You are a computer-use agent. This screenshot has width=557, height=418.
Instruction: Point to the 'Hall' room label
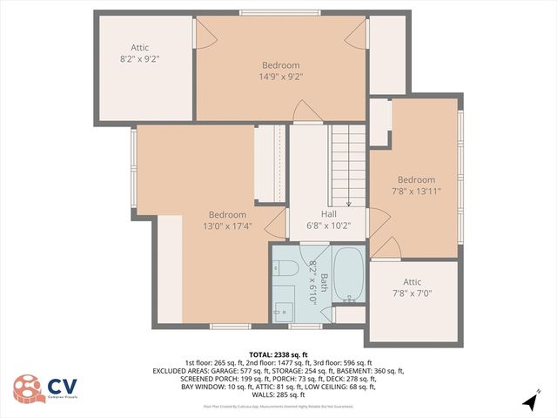click(x=328, y=213)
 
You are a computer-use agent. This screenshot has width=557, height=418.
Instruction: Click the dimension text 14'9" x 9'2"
click(x=281, y=77)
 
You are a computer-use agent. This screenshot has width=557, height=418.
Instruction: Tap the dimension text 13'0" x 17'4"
click(x=226, y=226)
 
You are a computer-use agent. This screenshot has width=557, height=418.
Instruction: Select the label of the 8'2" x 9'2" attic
click(x=139, y=59)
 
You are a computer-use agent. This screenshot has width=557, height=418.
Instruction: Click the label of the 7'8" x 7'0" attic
click(x=412, y=293)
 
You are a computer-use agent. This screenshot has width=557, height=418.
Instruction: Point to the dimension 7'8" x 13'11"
click(x=416, y=192)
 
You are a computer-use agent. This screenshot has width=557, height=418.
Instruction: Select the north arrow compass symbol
click(x=529, y=401)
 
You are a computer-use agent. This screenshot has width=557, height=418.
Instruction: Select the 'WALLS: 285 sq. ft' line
click(x=278, y=394)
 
